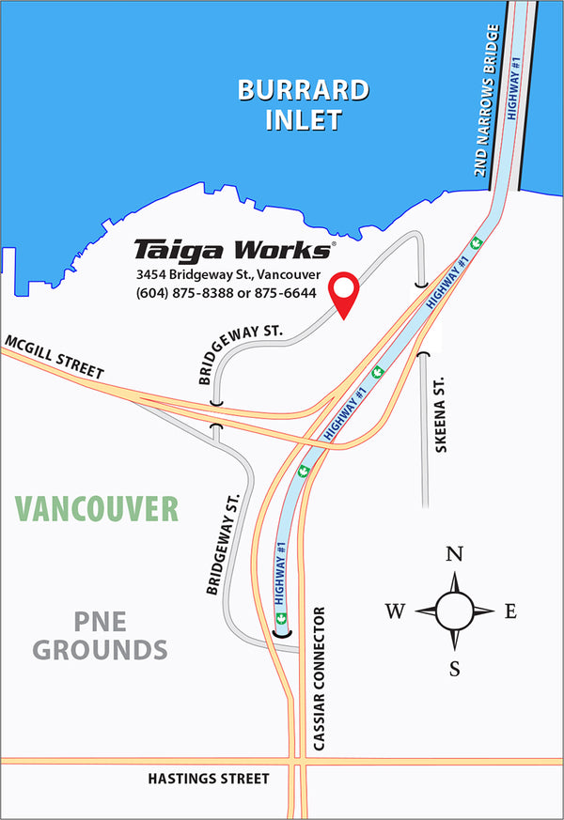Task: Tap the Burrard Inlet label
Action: click(303, 105)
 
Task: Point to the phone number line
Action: click(226, 293)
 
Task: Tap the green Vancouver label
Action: click(97, 508)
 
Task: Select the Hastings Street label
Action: click(209, 779)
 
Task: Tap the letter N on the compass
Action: click(455, 553)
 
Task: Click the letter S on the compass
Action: click(455, 669)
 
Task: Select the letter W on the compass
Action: click(396, 612)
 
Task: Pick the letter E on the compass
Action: click(510, 612)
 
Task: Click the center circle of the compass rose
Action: click(455, 611)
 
